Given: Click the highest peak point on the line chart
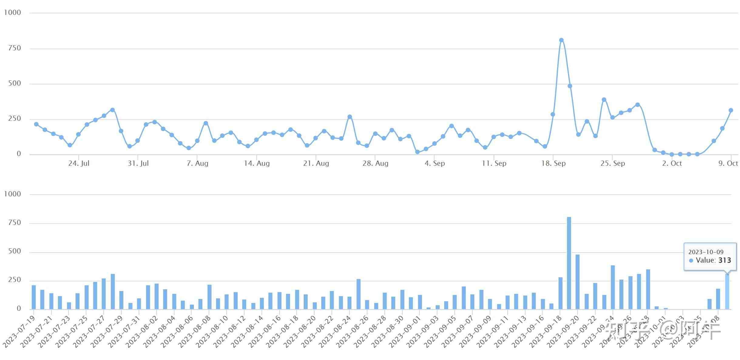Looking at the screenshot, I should tap(561, 40).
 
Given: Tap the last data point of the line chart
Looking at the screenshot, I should tap(731, 110).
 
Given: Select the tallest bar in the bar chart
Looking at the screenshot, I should tap(569, 263).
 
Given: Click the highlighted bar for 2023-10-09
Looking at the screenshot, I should tap(727, 291).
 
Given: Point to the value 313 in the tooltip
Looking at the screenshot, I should tap(725, 260).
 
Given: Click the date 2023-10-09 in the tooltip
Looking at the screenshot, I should tap(706, 252).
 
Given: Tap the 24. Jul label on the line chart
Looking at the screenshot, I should tap(79, 164).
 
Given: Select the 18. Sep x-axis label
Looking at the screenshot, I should tap(553, 164).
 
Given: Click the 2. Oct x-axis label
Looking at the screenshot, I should tap(672, 164).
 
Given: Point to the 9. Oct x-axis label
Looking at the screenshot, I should tap(728, 164).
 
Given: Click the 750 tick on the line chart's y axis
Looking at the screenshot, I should tap(15, 48).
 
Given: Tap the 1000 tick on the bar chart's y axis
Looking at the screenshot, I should tap(12, 194).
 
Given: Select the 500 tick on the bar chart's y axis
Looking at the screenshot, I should tap(15, 251).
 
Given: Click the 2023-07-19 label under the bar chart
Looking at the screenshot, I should tap(19, 332).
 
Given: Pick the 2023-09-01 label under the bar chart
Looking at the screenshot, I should tap(405, 332).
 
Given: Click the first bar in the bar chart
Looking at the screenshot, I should tap(34, 297).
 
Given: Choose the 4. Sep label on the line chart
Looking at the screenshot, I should tap(434, 164).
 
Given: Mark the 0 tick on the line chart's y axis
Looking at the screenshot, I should tap(19, 154).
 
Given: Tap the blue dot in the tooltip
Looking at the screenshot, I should tap(691, 260).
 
